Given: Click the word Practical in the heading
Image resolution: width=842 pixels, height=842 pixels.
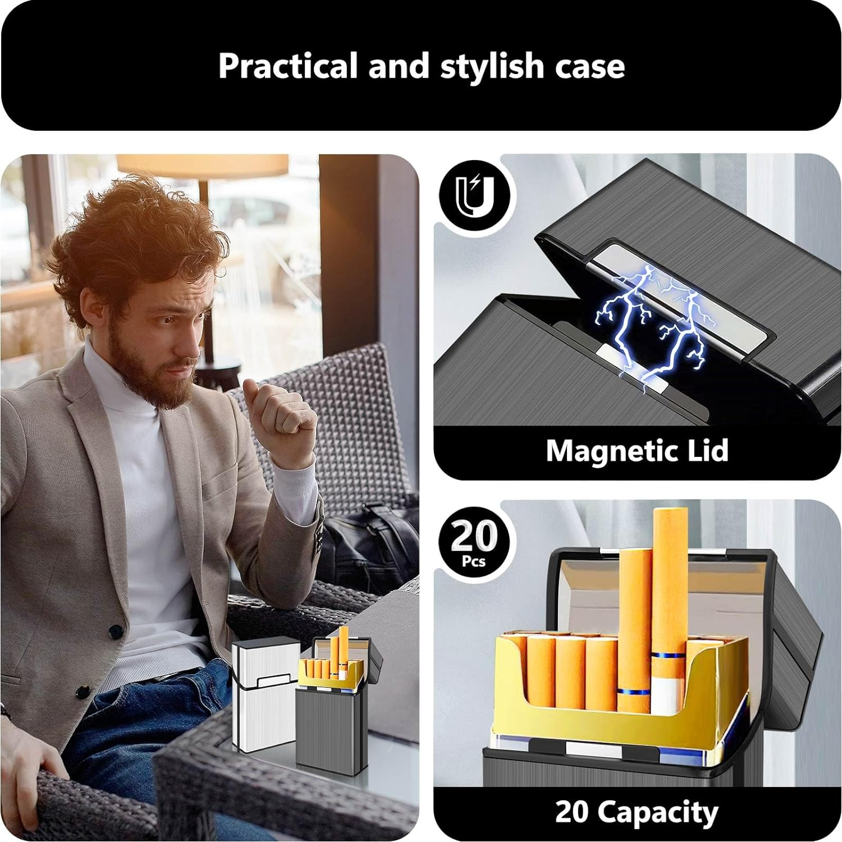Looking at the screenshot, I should click(x=287, y=66).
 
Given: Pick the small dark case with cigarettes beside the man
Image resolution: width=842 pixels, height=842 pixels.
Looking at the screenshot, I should click(x=331, y=719).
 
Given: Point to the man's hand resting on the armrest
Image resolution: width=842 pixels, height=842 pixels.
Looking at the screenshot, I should click(x=34, y=769).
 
